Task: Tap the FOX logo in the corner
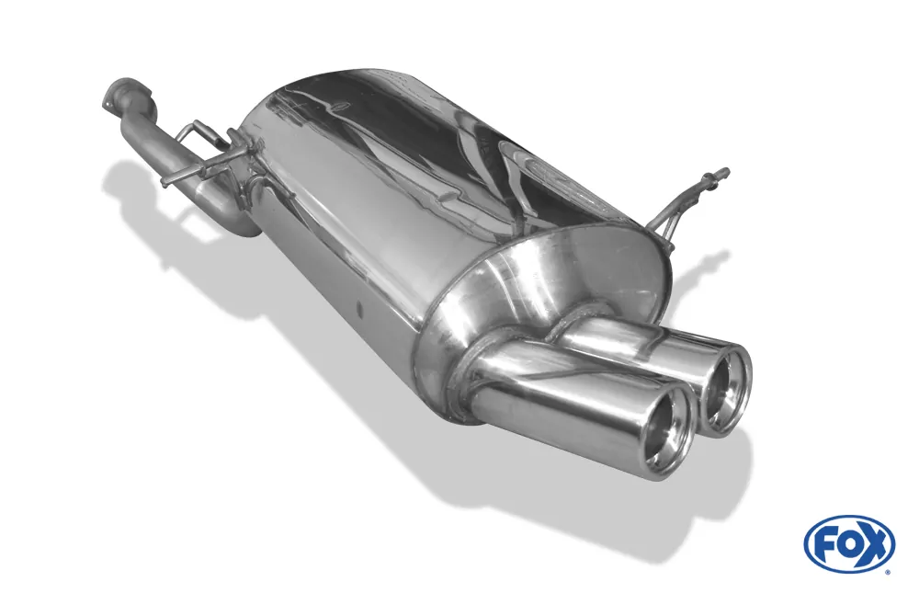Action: (849, 543)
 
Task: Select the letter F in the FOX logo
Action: (823, 545)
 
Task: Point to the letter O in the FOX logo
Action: (847, 545)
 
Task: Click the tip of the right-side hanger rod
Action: (725, 172)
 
